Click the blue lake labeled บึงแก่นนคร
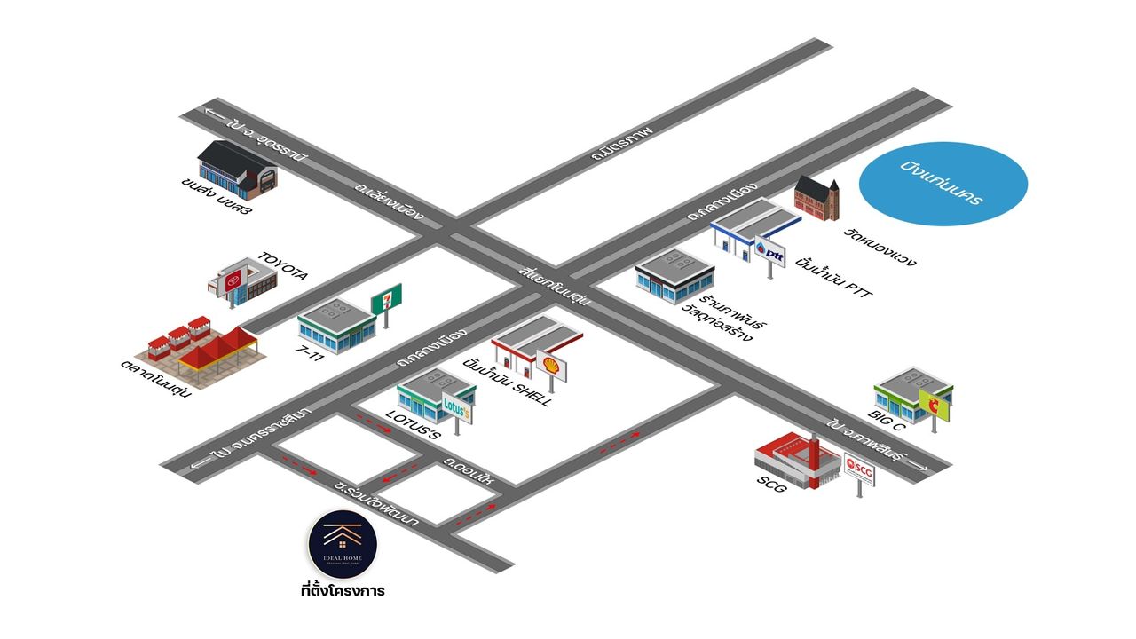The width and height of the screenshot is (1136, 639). (943, 184)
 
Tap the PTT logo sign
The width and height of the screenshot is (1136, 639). (769, 254)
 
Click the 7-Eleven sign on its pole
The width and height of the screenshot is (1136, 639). (386, 298)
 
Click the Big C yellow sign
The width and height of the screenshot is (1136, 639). (934, 405)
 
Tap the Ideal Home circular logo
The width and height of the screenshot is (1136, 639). (343, 541)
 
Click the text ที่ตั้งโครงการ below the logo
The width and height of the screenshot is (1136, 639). (343, 589)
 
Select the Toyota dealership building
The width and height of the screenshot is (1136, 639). (241, 281)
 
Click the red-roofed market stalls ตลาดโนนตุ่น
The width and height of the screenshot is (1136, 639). (202, 353)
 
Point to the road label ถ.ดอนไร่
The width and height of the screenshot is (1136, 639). (470, 470)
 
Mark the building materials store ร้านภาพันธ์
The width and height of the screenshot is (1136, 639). (675, 277)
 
